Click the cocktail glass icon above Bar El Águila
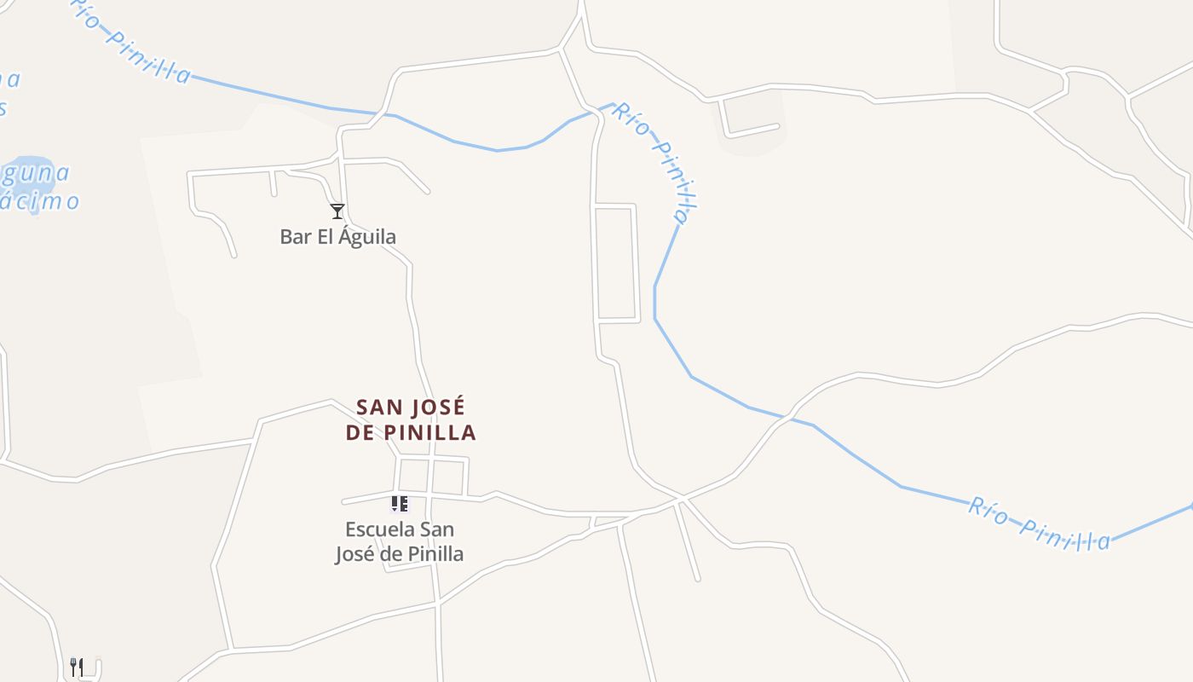point(337,211)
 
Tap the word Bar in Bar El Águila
point(296,236)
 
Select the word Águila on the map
point(367,237)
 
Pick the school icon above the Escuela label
point(400,504)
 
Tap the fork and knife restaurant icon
point(77,667)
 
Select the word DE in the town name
point(361,432)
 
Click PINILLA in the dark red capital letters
point(430,432)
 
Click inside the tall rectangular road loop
point(616,263)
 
